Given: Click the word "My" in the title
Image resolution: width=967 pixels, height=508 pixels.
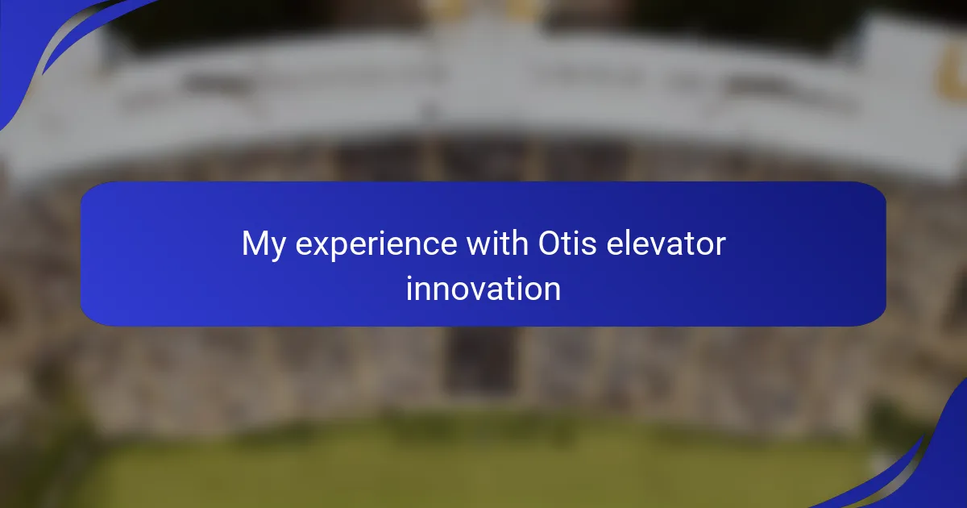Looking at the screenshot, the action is pyautogui.click(x=264, y=244).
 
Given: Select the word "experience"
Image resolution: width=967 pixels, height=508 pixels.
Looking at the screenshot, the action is pyautogui.click(x=376, y=244).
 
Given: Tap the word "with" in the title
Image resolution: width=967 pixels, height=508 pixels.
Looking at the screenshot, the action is pyautogui.click(x=497, y=243).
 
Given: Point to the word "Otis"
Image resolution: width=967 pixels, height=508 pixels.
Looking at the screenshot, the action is pyautogui.click(x=567, y=244).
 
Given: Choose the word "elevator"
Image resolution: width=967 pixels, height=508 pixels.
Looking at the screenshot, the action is pyautogui.click(x=666, y=244).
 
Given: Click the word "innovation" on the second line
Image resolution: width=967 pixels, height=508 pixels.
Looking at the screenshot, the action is pyautogui.click(x=483, y=288).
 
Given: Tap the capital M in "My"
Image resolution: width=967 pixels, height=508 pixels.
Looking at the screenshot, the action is pyautogui.click(x=255, y=244).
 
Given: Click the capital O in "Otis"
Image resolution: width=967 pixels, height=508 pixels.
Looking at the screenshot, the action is pyautogui.click(x=550, y=244).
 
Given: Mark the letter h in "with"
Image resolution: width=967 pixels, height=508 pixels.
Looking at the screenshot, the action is pyautogui.click(x=519, y=243).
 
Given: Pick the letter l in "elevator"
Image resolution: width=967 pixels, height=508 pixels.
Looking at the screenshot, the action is pyautogui.click(x=630, y=243).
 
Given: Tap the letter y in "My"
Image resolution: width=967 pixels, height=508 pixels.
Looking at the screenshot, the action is pyautogui.click(x=277, y=249).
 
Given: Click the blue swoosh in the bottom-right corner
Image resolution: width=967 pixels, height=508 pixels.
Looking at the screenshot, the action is pyautogui.click(x=928, y=467).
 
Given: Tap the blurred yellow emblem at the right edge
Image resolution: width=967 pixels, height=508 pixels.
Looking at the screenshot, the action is pyautogui.click(x=953, y=69).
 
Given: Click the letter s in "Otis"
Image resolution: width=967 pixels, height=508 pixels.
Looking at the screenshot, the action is pyautogui.click(x=589, y=246).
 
